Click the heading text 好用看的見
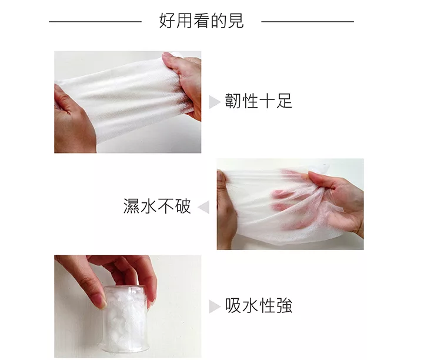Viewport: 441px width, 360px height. pos(201,21)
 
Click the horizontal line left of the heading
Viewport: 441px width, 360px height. pos(95,21)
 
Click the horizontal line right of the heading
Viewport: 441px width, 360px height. pos(308,21)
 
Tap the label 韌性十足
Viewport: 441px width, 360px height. pos(259,101)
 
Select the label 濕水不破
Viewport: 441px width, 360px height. pos(157,206)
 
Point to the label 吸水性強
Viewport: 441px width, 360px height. pos(259,305)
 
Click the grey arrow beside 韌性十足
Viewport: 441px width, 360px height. pos(215,102)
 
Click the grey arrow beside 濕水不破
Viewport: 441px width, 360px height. pos(203,207)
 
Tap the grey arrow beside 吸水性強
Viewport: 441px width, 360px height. pos(215,306)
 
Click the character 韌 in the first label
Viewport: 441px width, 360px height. pos(233,101)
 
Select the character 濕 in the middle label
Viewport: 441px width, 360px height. pos(132,206)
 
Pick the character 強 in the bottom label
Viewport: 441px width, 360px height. pos(284,305)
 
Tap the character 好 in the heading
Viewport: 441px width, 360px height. pos(168,21)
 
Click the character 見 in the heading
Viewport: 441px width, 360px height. pos(236,21)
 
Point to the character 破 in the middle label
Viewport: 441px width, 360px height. pos(183,206)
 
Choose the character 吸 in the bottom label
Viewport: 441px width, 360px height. pos(233,305)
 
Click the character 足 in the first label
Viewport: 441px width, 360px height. pos(284,101)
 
